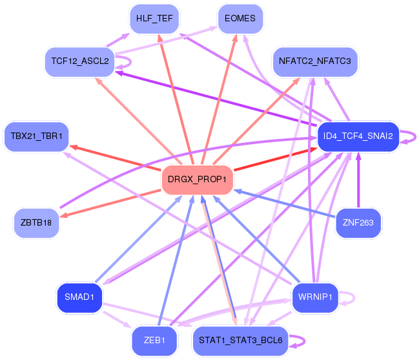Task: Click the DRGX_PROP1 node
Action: (197, 178)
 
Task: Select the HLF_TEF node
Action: (154, 19)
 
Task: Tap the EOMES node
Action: (240, 19)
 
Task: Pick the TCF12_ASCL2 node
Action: (79, 62)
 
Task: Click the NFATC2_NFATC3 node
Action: (314, 61)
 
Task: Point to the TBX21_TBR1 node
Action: (36, 136)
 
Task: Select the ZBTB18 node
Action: (36, 222)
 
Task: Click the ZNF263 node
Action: (358, 223)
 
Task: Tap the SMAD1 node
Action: (79, 297)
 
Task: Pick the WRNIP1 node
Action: (315, 297)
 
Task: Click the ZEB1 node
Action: (154, 341)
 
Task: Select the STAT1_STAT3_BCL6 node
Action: (240, 341)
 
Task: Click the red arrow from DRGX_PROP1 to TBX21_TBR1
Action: (116, 158)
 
